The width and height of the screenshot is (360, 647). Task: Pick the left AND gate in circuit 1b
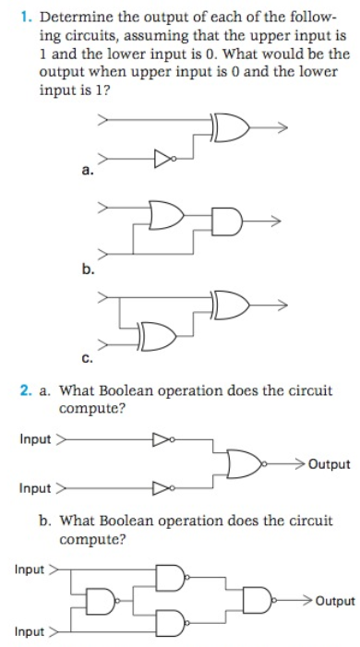point(167,217)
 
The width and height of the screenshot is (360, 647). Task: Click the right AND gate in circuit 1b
point(226,222)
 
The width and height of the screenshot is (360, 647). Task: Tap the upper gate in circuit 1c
point(232,303)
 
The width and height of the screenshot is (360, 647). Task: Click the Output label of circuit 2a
point(329,463)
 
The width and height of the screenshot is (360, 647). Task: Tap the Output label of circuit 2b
point(334,601)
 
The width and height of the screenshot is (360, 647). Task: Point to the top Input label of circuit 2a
point(35,438)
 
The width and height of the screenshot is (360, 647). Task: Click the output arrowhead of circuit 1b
point(273,222)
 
